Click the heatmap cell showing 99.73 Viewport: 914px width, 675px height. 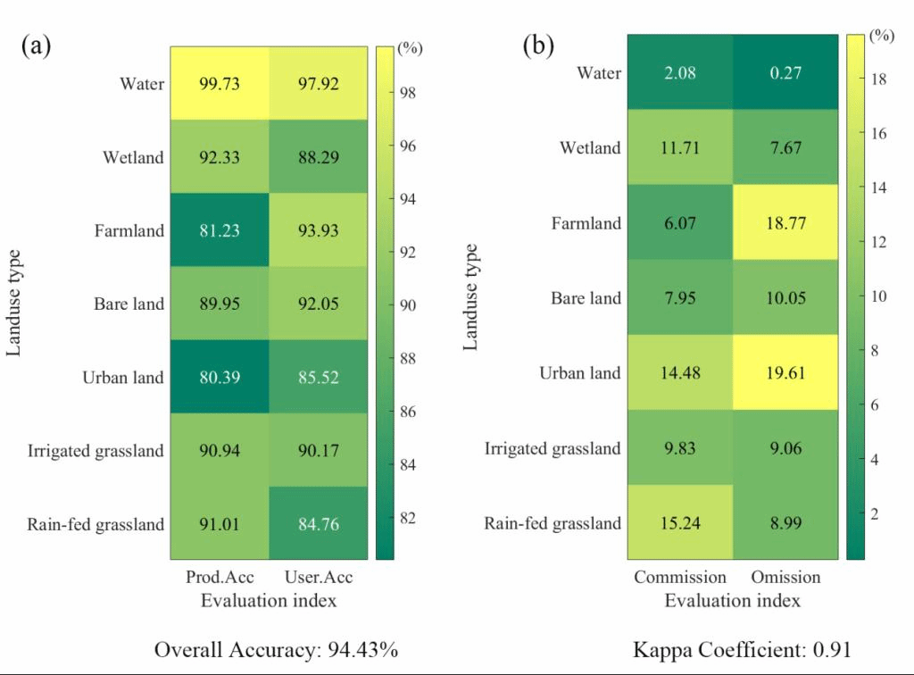(x=219, y=84)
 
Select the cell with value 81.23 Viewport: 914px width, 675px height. (x=219, y=230)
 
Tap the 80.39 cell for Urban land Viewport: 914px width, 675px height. (x=219, y=377)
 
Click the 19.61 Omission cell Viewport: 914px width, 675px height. (x=785, y=372)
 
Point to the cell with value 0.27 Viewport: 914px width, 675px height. (x=785, y=72)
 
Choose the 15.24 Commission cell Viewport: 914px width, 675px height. (x=680, y=522)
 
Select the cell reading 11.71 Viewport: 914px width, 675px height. (x=680, y=147)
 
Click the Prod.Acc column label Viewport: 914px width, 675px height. (x=219, y=577)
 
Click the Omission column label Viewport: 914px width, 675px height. (x=785, y=577)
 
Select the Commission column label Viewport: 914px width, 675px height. (x=680, y=577)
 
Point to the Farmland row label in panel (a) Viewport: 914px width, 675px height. (x=130, y=230)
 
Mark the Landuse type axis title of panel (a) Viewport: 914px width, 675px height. (x=15, y=304)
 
